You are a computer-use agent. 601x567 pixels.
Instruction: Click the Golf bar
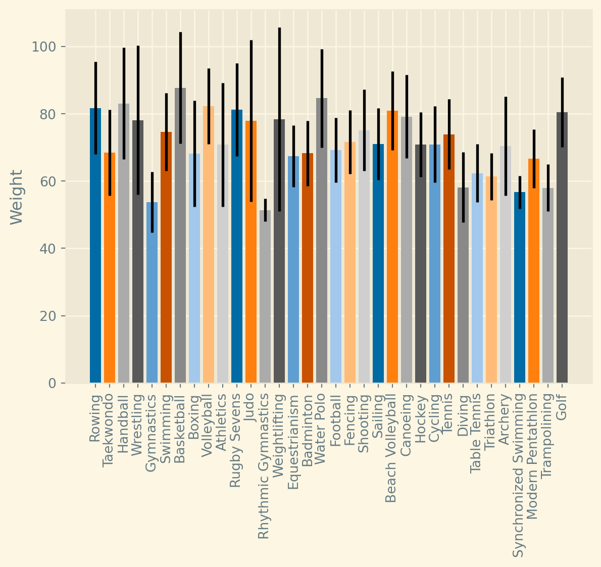562,248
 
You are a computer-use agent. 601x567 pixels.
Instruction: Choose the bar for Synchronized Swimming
520,288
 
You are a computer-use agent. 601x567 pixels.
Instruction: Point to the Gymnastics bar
152,293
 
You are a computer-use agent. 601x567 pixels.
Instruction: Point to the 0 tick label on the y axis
53,383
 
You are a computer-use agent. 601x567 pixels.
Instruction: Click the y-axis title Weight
17,197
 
